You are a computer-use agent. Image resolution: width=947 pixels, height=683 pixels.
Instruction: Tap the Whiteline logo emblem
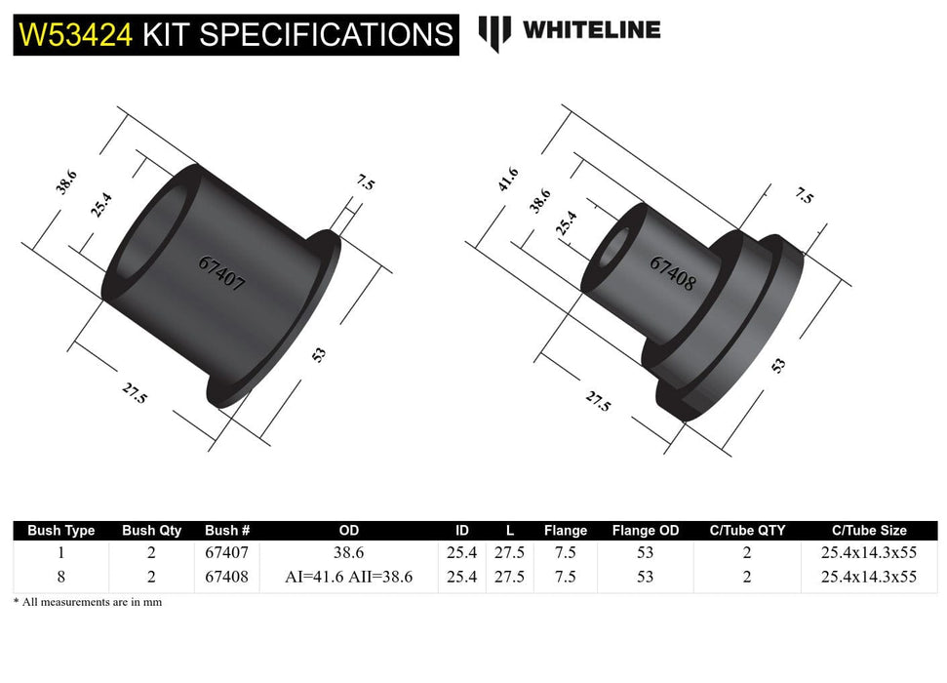(x=494, y=32)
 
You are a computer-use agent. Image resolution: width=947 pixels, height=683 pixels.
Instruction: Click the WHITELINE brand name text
(x=591, y=30)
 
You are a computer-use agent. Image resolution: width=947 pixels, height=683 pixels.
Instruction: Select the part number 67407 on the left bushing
(x=221, y=275)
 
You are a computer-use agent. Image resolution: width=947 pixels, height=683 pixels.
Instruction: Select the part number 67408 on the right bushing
(x=672, y=274)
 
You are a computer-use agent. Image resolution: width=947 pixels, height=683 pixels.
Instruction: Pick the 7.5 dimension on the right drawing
(x=803, y=195)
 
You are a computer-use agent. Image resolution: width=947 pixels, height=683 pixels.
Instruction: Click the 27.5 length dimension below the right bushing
(x=598, y=400)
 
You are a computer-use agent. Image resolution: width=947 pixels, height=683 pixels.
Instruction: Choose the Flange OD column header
(x=645, y=531)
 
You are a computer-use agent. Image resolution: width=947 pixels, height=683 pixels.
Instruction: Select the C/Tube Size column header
(x=869, y=531)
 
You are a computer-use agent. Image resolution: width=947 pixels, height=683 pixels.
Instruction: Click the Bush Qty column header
(x=151, y=531)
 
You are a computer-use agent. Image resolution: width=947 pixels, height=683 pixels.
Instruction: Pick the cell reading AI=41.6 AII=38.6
(x=348, y=577)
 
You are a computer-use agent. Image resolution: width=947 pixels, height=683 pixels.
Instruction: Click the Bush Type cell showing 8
(x=60, y=577)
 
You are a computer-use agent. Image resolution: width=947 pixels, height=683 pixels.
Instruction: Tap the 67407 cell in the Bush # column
(x=227, y=552)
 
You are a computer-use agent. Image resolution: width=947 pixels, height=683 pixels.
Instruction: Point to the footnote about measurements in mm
(x=88, y=602)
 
